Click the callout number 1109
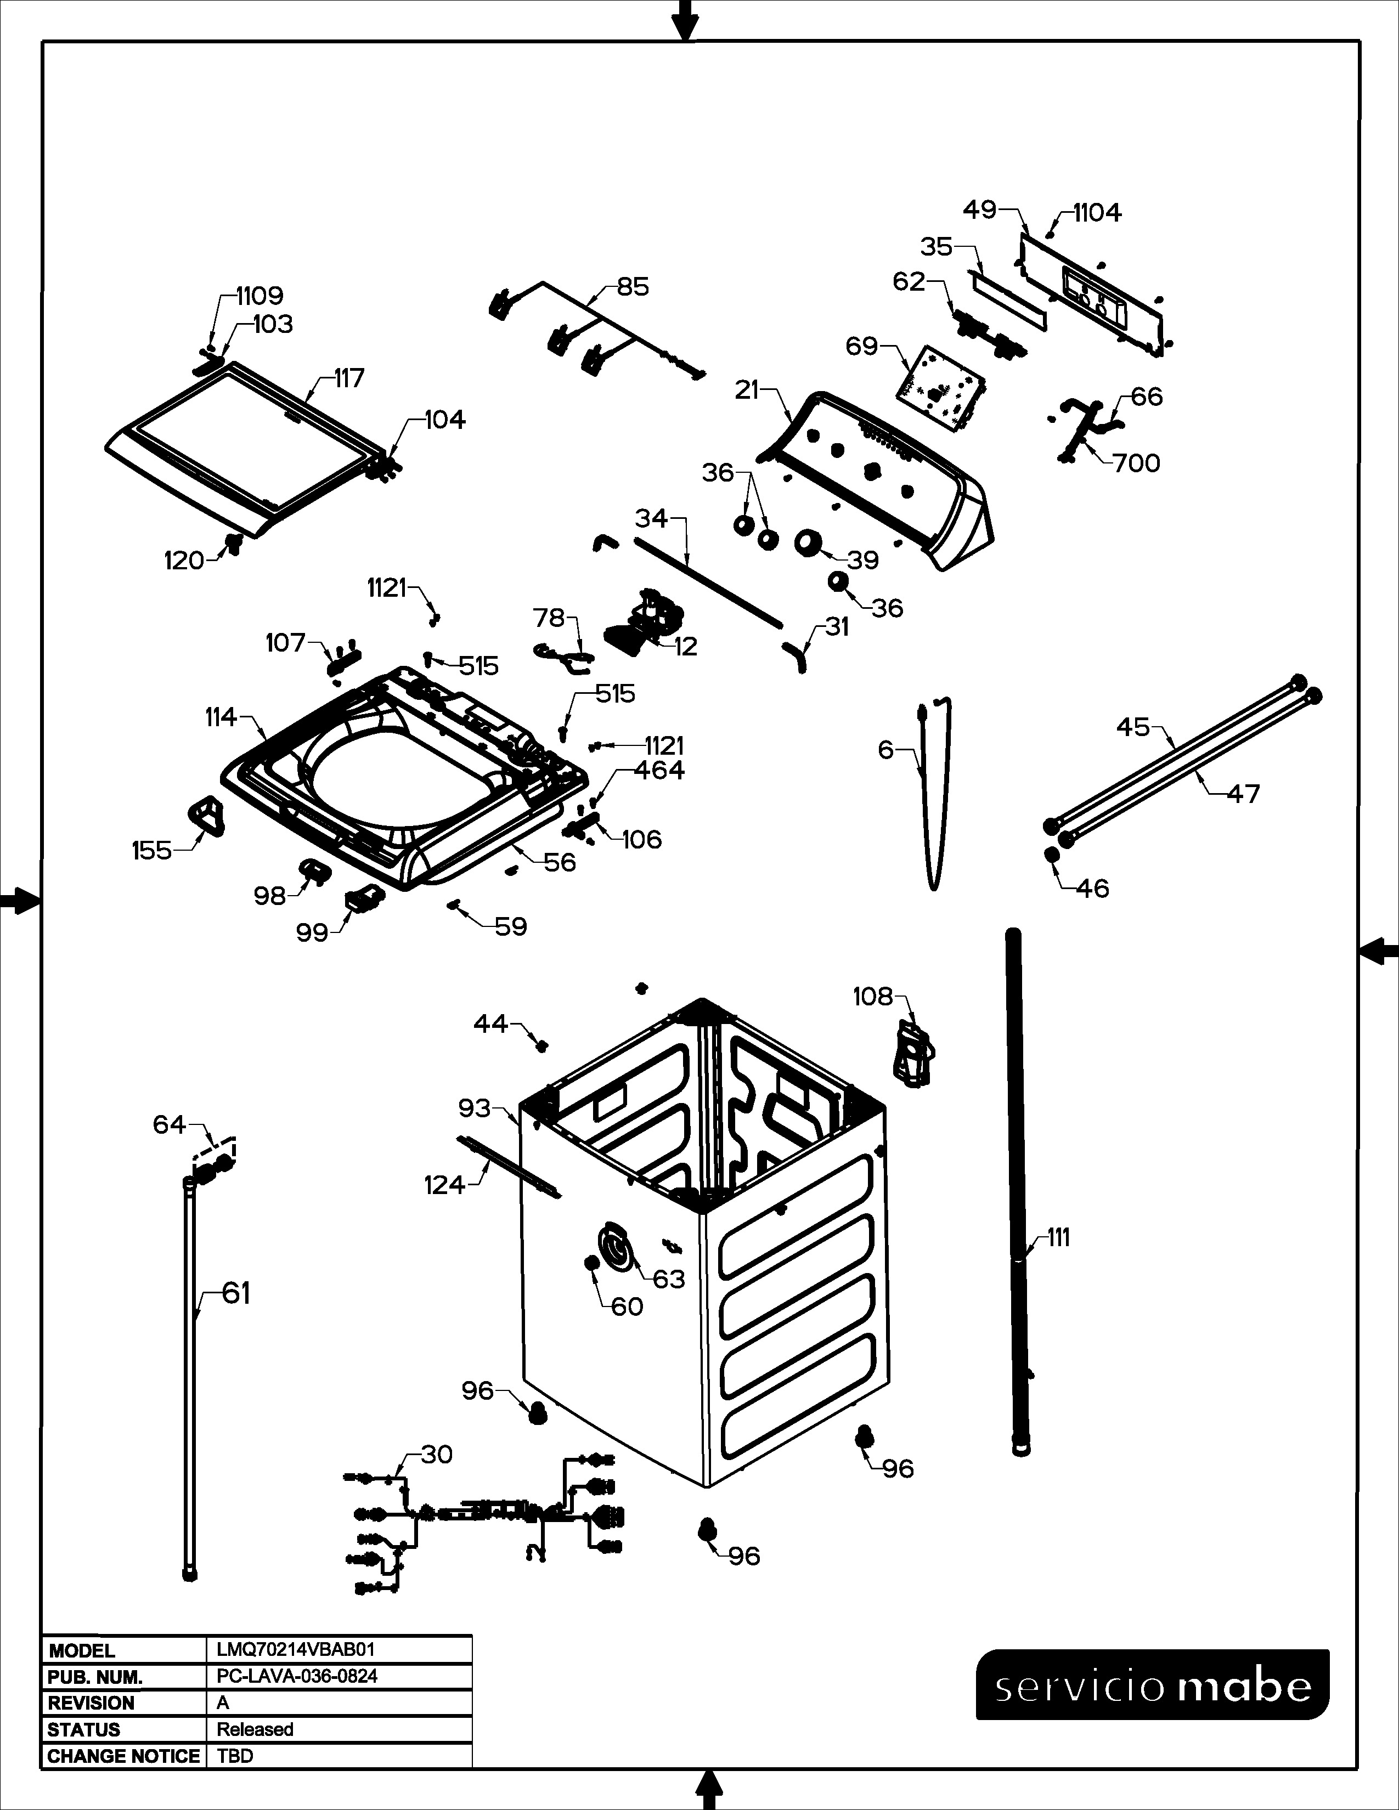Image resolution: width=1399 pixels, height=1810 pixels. [x=260, y=295]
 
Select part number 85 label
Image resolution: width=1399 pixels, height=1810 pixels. [x=633, y=287]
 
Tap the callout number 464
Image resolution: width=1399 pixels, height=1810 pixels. [x=659, y=770]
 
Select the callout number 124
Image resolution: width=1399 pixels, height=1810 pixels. [x=444, y=1185]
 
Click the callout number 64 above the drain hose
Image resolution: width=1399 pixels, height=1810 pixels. [x=169, y=1124]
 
